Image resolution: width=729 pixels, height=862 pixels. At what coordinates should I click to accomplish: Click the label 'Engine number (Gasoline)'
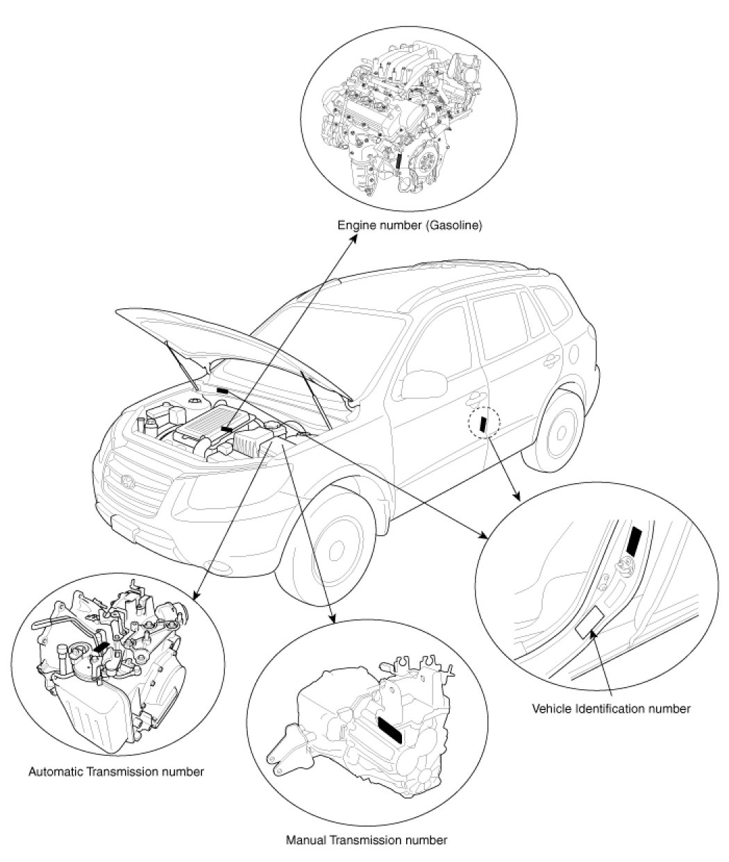(x=409, y=226)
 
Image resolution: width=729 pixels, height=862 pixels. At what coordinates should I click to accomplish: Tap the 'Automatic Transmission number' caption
(x=116, y=771)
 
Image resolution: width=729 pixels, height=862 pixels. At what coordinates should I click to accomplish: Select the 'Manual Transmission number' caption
(x=367, y=840)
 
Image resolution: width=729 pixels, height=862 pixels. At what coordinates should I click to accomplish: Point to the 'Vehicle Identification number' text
(x=611, y=709)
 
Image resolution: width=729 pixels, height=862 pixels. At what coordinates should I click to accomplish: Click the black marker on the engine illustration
(x=399, y=162)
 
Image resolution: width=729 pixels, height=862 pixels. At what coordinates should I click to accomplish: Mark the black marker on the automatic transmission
(x=101, y=647)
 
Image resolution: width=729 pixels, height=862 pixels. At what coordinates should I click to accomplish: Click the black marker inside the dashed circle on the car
(x=485, y=423)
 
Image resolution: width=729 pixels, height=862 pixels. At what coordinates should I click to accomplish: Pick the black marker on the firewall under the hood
(x=222, y=391)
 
